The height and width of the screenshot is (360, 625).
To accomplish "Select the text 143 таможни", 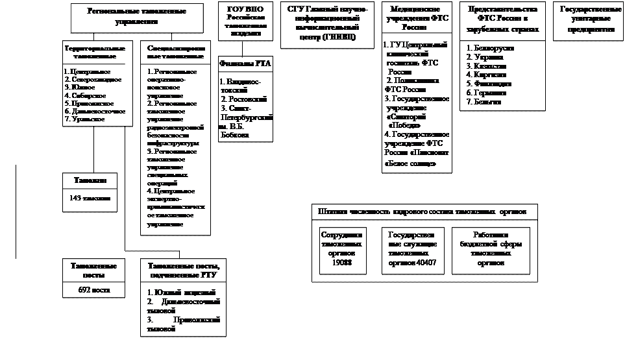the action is click(x=90, y=198).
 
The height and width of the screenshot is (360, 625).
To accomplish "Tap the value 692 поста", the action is click(x=90, y=290).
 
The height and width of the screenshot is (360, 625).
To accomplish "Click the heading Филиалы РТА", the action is click(x=245, y=63).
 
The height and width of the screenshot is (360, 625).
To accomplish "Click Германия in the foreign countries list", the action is click(x=487, y=93).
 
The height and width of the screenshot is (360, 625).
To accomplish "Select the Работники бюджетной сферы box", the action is click(x=490, y=250).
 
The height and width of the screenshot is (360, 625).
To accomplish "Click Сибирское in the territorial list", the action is click(x=85, y=95).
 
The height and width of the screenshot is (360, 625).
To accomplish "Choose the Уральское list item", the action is click(x=84, y=119).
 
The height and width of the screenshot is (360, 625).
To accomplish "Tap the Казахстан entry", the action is click(x=489, y=66).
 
